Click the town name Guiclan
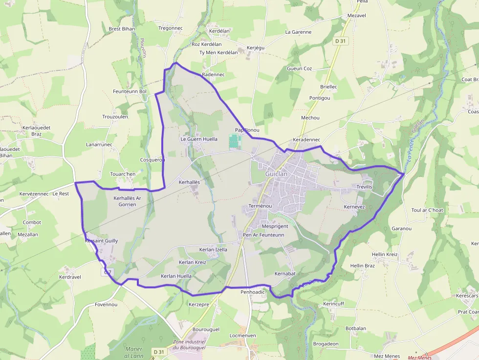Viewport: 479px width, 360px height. [x=276, y=174]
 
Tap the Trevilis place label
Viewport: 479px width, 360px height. [x=364, y=187]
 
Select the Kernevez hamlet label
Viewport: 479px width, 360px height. [x=354, y=207]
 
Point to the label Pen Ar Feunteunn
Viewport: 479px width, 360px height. [x=263, y=235]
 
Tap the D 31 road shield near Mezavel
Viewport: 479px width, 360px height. [x=341, y=42]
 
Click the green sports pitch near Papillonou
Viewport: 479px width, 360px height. [x=235, y=142]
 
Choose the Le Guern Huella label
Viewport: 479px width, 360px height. [x=199, y=139]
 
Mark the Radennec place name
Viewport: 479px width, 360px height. [x=213, y=75]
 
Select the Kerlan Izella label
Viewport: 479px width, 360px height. [x=213, y=250]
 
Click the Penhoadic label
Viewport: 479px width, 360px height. [x=253, y=292]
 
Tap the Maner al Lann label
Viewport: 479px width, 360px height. [x=133, y=352]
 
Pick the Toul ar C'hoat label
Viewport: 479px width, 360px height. [x=427, y=211]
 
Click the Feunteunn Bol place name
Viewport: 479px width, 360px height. [x=130, y=91]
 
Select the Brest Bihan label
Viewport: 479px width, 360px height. [x=122, y=29]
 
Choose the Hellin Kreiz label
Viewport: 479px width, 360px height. [x=385, y=254]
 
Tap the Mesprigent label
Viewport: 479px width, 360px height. [x=275, y=227]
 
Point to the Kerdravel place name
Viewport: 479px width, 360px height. [x=69, y=277]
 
